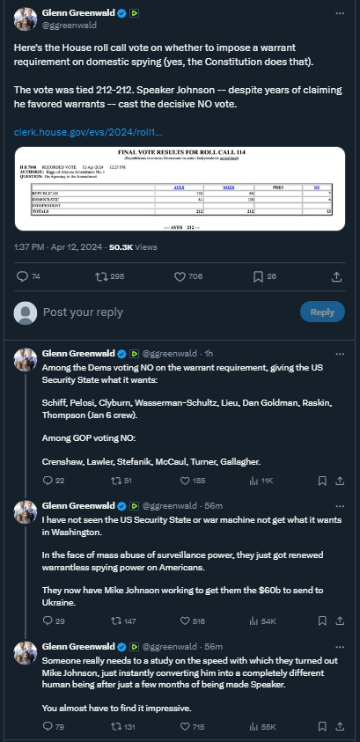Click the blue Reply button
click(x=322, y=312)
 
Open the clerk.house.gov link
click(x=88, y=132)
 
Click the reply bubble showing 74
click(x=23, y=276)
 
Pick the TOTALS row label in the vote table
click(x=42, y=211)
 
